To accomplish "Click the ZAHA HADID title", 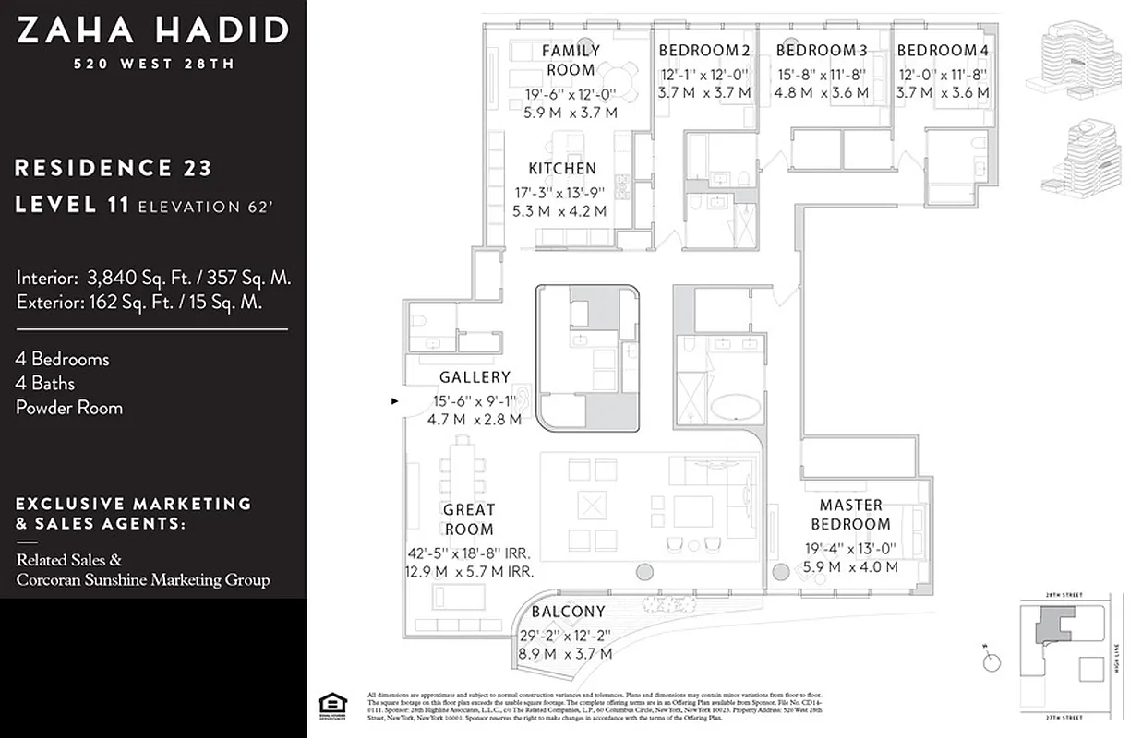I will pos(152,30).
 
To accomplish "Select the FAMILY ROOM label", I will pos(570,60).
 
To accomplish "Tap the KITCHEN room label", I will pos(561,168).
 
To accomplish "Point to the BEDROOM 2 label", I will pos(703,51).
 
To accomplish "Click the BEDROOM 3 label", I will pos(821,51).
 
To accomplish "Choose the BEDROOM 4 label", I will pos(942,51).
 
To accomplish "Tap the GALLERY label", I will pos(475,377).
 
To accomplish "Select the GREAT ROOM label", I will pos(468,519).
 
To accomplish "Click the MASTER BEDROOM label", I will pos(850,515).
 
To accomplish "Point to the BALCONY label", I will pos(568,612).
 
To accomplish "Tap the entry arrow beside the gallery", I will pos(396,401).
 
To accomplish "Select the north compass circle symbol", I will pos(992,661).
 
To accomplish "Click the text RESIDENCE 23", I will pos(114,168).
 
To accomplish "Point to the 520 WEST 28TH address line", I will pos(152,64).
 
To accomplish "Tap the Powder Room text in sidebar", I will pos(69,407).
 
